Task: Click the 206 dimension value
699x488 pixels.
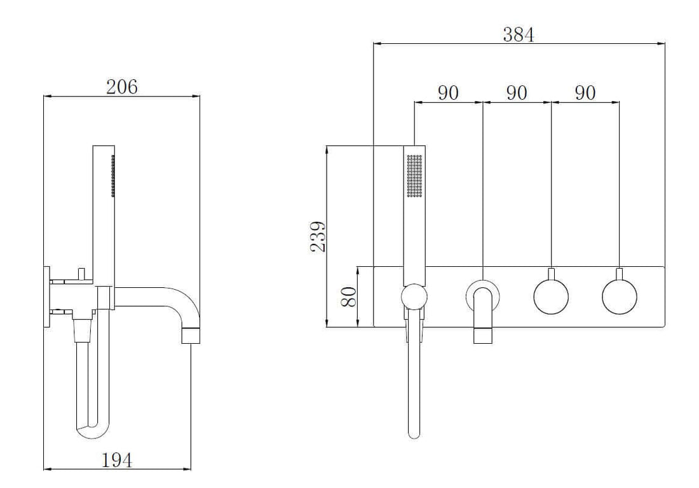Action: click(121, 87)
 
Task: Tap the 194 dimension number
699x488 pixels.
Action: click(118, 460)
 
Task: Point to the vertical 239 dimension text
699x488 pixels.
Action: click(318, 236)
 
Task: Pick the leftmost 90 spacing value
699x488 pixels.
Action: click(448, 93)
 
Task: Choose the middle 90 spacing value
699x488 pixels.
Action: click(517, 93)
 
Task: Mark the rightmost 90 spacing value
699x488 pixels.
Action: click(585, 93)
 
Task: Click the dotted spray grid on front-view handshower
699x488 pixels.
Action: click(414, 174)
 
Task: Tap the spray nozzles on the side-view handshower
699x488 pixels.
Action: click(113, 175)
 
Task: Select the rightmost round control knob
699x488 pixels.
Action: click(619, 297)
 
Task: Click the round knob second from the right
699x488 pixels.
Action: click(551, 297)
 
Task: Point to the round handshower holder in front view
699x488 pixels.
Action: click(414, 297)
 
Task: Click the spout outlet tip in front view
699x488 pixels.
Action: click(483, 335)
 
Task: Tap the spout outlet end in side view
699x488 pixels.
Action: click(191, 335)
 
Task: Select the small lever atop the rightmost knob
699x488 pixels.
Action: click(619, 274)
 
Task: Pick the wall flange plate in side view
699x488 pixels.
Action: click(46, 296)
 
